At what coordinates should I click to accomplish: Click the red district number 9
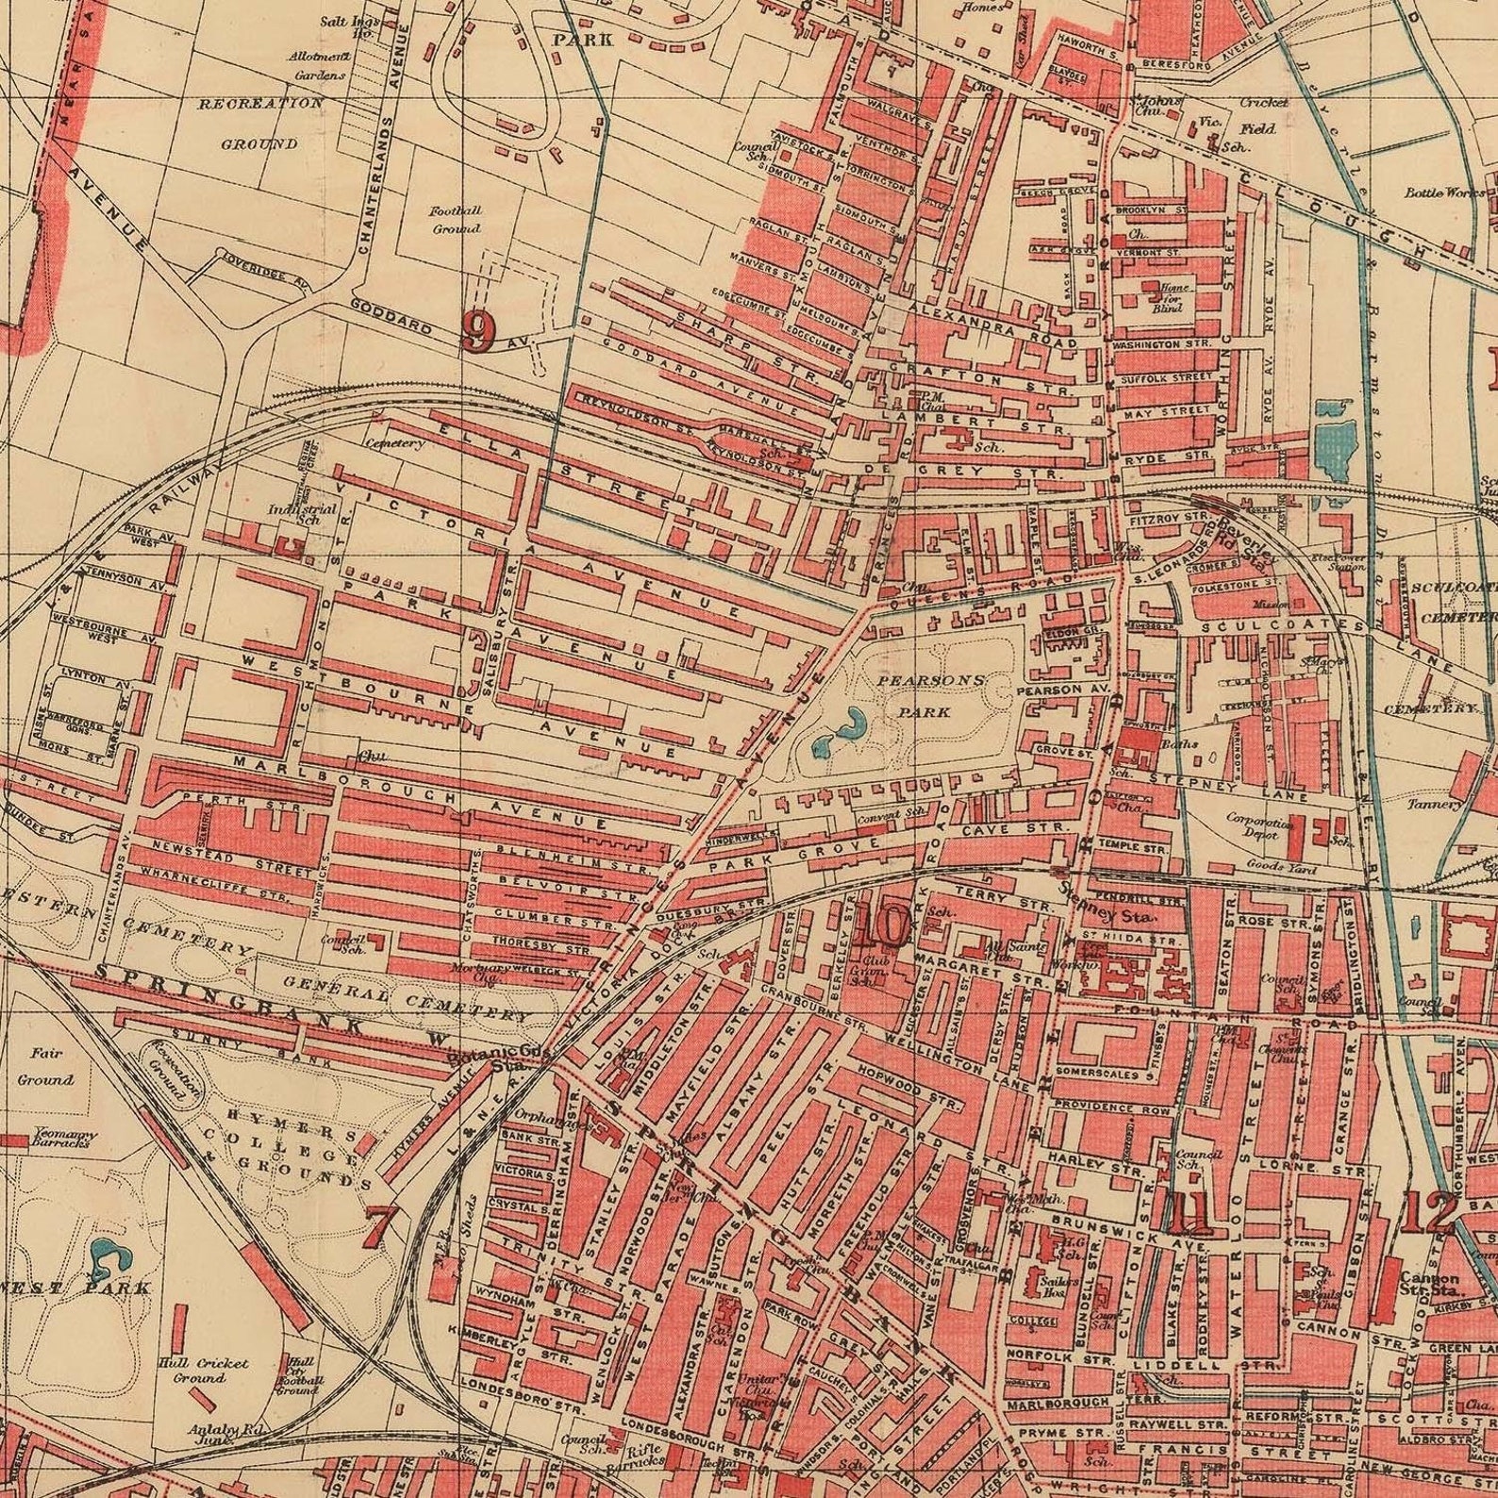[x=478, y=331]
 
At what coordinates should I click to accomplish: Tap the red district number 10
[x=882, y=925]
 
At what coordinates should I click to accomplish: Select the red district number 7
[x=378, y=1225]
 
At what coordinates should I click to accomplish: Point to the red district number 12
[x=1427, y=1213]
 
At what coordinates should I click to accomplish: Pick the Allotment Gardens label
[x=318, y=65]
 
